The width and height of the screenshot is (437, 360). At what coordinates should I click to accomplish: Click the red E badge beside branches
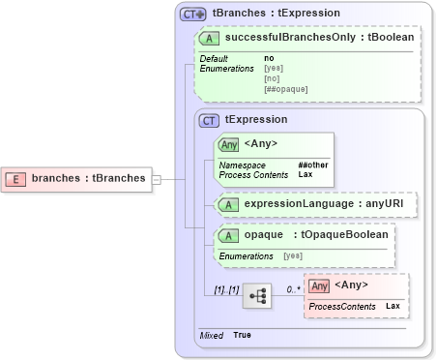(x=16, y=178)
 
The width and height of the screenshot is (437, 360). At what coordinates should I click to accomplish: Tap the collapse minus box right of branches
(x=157, y=178)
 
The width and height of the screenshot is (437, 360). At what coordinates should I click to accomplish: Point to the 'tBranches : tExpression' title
(x=276, y=14)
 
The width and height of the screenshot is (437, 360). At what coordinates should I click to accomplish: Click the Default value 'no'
(x=269, y=58)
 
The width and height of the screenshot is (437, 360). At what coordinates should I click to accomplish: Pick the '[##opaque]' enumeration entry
(x=285, y=89)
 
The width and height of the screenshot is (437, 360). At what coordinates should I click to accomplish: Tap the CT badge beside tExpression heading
(x=208, y=120)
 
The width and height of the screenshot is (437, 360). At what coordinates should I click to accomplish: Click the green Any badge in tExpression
(x=229, y=144)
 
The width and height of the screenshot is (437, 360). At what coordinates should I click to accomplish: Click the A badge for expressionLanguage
(x=229, y=204)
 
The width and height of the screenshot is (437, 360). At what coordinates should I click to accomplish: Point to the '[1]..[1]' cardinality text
(x=226, y=289)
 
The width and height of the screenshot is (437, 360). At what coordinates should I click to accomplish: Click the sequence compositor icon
(x=256, y=294)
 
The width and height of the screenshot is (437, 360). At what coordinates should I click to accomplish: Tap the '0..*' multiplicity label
(x=294, y=289)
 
